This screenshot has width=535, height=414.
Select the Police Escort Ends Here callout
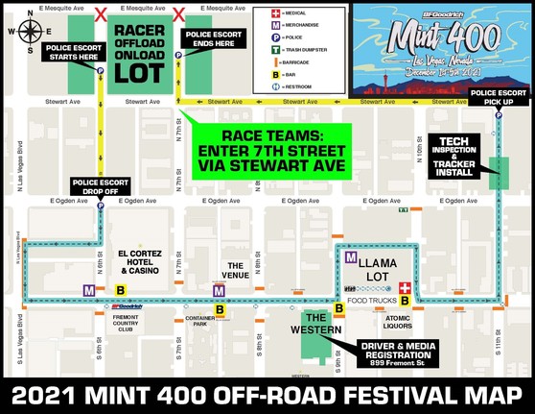point(213,41)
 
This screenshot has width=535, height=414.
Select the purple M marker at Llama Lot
point(352,257)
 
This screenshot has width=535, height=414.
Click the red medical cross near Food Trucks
point(405,288)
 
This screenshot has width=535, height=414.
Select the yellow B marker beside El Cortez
point(120,289)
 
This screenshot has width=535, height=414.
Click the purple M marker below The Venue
point(219,290)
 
